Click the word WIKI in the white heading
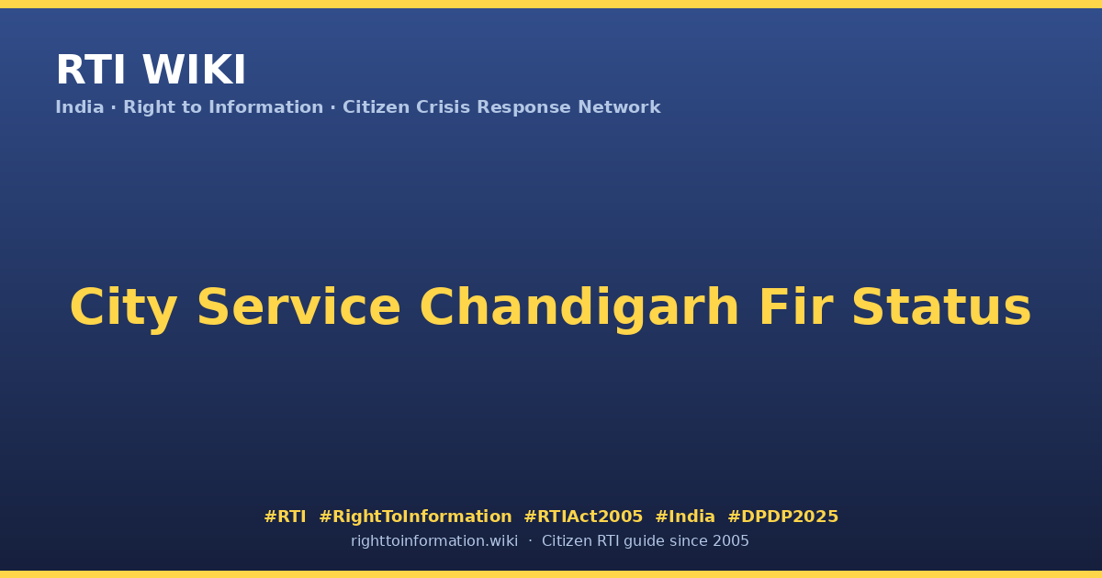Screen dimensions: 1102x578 coord(194,70)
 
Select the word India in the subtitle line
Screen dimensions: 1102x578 coord(80,107)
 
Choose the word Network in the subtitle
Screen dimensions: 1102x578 coord(619,107)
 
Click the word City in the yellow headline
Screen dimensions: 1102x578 coord(123,308)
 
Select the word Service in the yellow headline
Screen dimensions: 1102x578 coord(298,307)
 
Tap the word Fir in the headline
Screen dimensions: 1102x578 coord(795,306)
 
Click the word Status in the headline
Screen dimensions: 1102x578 coord(941,307)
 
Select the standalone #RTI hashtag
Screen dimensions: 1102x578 coord(285,517)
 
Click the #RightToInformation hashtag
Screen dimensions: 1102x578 coord(415,517)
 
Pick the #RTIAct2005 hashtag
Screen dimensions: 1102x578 coord(583,517)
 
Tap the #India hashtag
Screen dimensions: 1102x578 coord(685,517)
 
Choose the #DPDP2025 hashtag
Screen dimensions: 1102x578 coord(783,517)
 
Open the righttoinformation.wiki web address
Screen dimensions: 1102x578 coord(433,541)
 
